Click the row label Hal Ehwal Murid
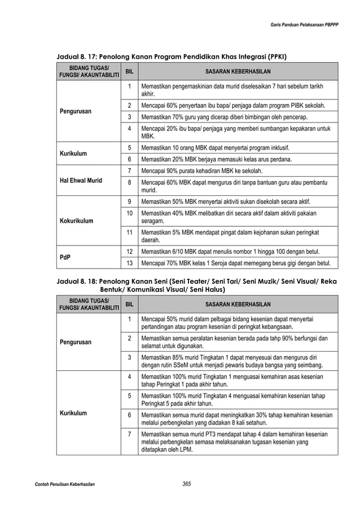81,181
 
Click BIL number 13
130,264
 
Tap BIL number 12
130,251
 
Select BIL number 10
130,213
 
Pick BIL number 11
130,232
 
